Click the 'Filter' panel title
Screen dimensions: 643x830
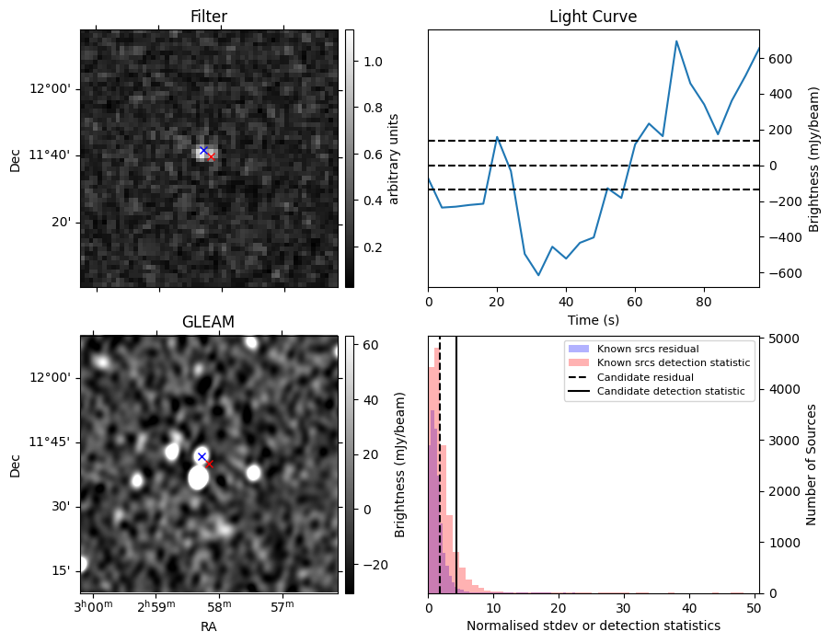pos(209,17)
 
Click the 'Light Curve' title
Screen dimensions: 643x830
pos(593,17)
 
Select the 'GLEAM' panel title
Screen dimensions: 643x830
pos(209,322)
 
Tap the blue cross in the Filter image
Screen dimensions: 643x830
pos(203,150)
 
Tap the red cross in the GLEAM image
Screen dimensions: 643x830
pos(209,464)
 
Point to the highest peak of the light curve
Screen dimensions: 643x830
pos(676,41)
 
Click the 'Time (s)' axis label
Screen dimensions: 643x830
pos(593,319)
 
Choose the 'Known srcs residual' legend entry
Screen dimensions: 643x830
pos(647,350)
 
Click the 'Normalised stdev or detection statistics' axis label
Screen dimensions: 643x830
pos(593,626)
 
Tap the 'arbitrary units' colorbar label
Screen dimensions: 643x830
pos(394,158)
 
